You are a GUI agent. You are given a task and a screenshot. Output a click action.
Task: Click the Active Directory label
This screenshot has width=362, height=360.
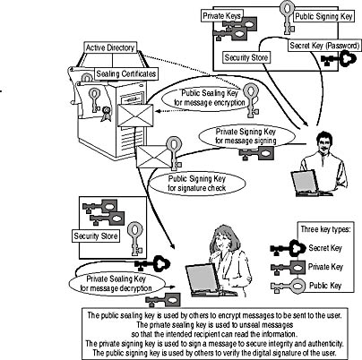pos(110,47)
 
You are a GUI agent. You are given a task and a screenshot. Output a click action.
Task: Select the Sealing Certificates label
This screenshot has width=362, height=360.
pos(126,74)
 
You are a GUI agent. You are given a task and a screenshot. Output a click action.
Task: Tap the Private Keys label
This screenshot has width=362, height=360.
pos(221,16)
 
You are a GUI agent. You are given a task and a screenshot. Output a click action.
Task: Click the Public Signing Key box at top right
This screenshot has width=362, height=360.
pos(323,16)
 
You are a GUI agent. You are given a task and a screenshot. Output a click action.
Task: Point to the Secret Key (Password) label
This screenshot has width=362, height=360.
pos(324,46)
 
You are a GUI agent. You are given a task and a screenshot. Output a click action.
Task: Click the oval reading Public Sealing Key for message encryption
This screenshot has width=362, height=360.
pos(210,98)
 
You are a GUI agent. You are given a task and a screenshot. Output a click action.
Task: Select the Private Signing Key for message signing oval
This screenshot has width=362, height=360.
pos(246,136)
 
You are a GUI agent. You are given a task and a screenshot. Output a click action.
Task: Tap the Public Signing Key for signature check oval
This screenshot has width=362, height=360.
pos(197,184)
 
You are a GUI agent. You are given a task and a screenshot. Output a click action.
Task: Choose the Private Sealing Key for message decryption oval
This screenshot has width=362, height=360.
pos(116,284)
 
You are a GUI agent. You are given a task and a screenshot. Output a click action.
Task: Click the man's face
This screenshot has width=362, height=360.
pos(324,144)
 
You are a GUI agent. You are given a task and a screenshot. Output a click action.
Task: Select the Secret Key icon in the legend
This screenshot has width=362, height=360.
pos(289,248)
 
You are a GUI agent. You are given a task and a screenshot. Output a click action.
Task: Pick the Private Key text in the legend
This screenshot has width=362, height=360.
pos(325,267)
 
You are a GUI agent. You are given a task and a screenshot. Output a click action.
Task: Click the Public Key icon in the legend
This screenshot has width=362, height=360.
pos(288,286)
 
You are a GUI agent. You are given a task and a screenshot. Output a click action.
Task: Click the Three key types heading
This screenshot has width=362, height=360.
pos(325,229)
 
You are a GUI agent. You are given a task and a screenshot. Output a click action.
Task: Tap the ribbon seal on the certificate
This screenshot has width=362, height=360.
pos(106,114)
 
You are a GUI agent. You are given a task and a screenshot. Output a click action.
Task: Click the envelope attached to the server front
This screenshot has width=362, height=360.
pos(135,116)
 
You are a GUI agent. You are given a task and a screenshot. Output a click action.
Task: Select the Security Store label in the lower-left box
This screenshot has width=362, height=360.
pos(96,236)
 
